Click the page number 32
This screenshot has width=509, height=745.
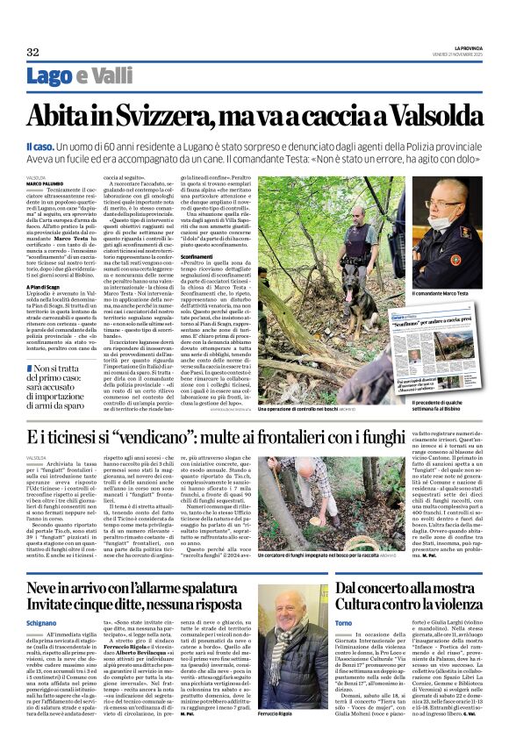32,53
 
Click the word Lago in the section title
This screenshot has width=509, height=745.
49,75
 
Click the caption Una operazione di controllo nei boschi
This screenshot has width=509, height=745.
280,410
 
